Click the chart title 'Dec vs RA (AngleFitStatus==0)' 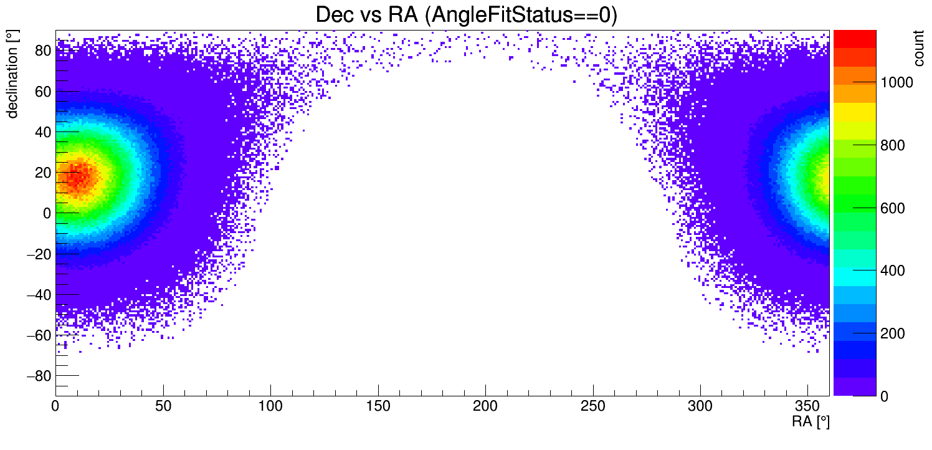coord(466,15)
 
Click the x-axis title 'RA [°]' coord(811,422)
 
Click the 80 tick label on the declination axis coord(42,51)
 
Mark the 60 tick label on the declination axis coord(42,92)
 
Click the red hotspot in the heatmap coord(78,176)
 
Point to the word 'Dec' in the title coord(338,15)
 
